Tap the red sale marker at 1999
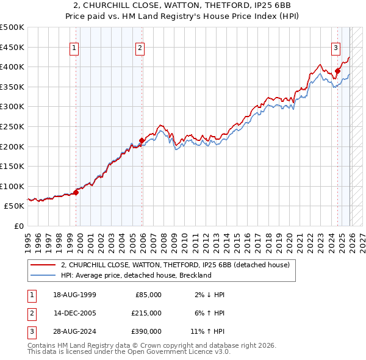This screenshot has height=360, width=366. [76, 192]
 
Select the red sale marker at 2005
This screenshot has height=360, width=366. [142, 140]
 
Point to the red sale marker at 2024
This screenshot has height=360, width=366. [337, 71]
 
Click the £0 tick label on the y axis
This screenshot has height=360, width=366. [18, 226]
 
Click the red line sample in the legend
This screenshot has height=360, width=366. [43, 265]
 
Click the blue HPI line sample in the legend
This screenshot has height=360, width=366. [43, 275]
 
